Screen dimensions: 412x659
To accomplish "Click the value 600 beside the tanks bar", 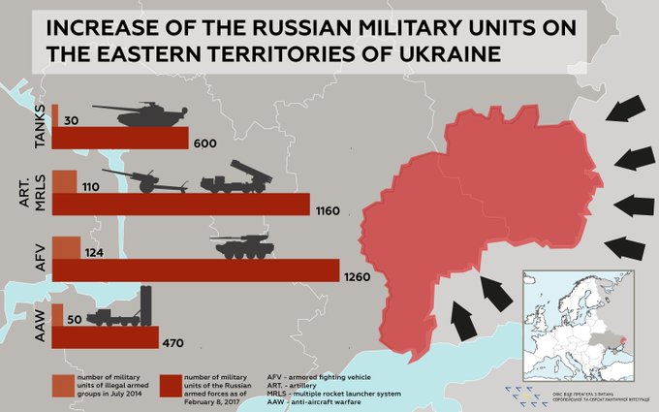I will click(x=204, y=143).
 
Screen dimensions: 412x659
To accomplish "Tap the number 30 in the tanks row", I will click(x=71, y=121).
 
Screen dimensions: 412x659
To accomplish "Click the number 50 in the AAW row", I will click(x=72, y=319).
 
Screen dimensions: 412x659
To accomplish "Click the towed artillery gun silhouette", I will click(x=145, y=180).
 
